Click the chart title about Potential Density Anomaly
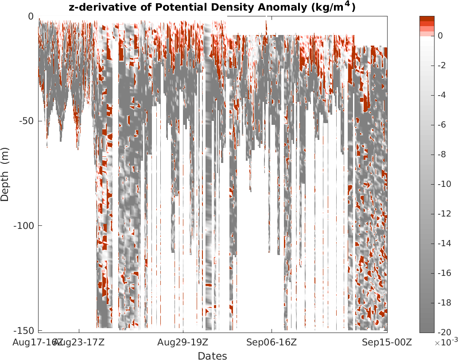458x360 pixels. click(212, 7)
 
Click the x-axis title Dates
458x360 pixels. click(212, 356)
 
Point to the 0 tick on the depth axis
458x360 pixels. click(31, 16)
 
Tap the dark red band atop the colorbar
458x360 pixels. click(427, 18)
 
